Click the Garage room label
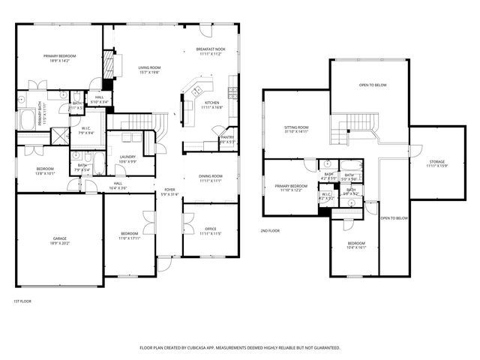(59, 238)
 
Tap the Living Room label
(150, 67)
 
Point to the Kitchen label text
(212, 103)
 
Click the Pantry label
(227, 137)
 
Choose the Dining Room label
(211, 176)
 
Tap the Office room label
(211, 229)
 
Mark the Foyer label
(169, 190)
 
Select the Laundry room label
(127, 156)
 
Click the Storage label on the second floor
(436, 161)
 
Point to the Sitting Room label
(296, 127)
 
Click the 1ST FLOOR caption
(22, 301)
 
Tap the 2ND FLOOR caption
(270, 230)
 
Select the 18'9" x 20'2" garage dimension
(59, 243)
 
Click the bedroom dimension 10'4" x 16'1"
(356, 247)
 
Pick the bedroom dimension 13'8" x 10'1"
(45, 173)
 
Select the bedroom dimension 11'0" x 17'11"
(130, 238)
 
